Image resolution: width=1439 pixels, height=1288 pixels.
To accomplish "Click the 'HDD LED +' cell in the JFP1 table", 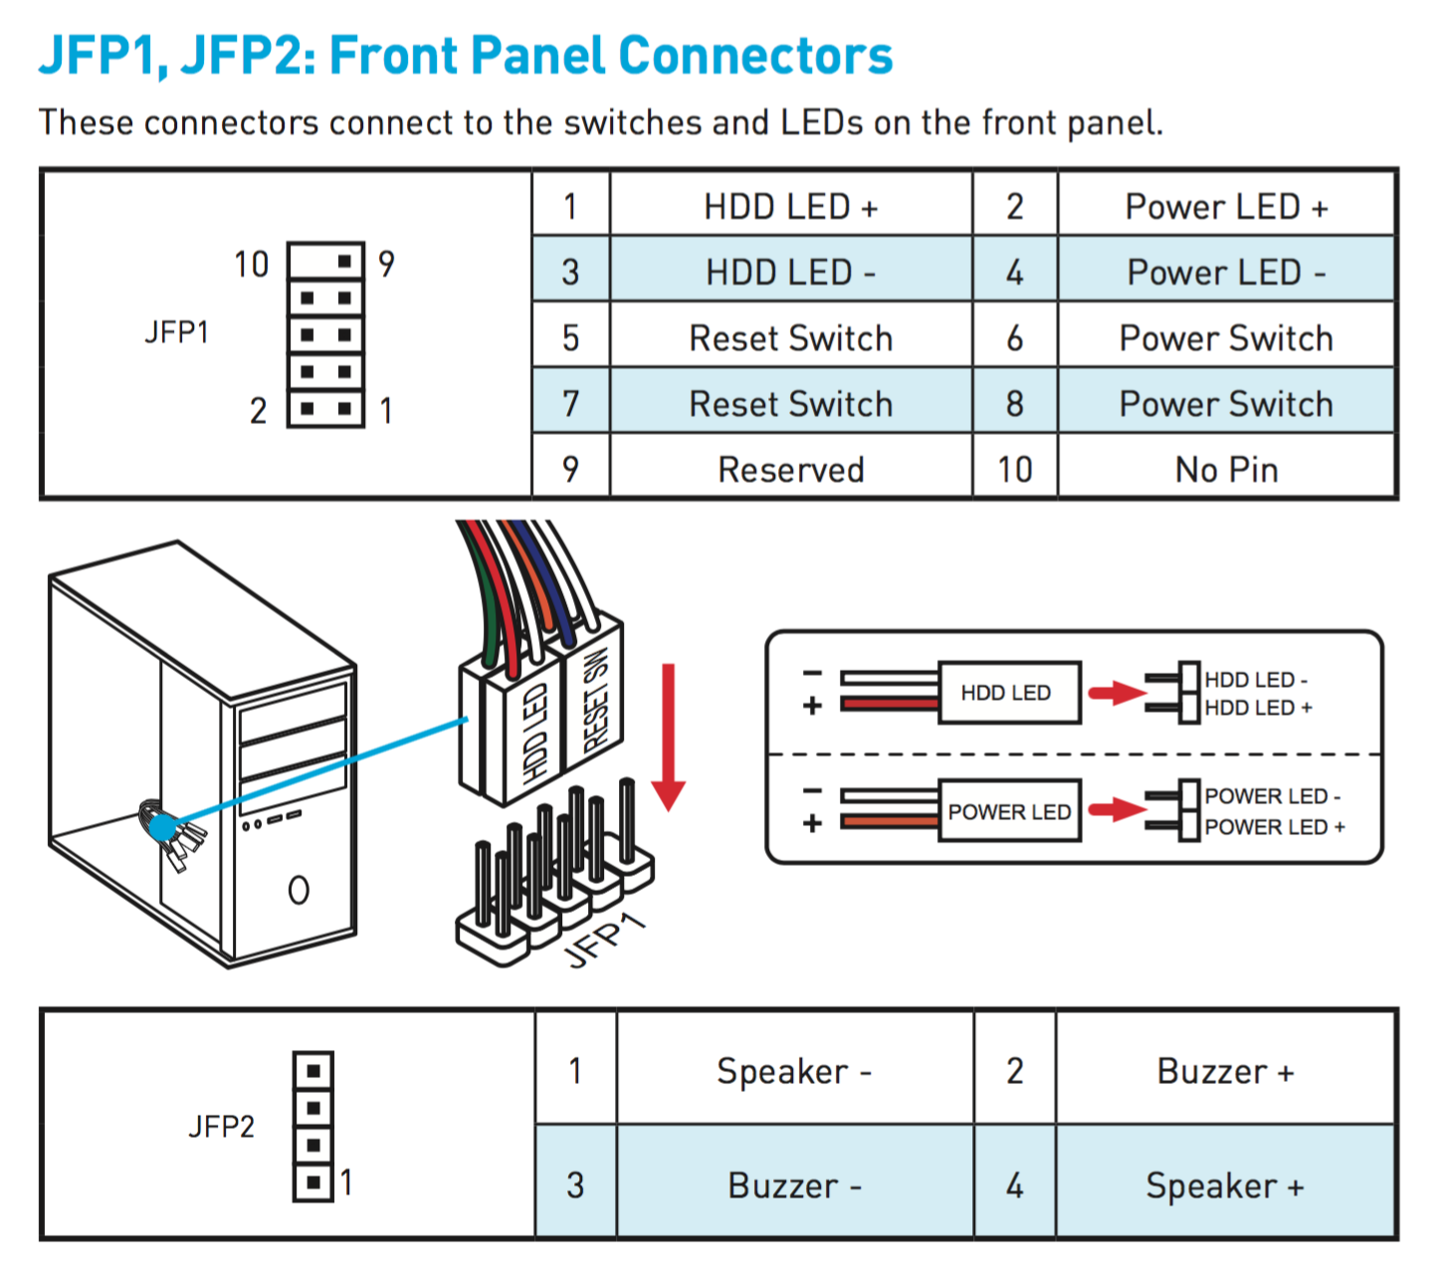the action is [790, 206].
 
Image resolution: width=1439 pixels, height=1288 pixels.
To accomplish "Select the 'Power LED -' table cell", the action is [1226, 272].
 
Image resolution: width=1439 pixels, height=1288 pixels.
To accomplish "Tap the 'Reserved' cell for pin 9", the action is [790, 469].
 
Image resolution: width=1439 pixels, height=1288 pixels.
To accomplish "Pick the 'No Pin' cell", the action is [1226, 469].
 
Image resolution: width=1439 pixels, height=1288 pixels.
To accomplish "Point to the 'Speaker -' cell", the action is [795, 1070].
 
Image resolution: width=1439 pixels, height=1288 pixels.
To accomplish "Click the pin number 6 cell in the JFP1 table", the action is [1015, 337].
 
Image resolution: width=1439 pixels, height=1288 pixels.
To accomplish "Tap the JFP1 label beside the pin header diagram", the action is [176, 331].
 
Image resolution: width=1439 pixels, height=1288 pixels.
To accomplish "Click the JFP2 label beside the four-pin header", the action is [221, 1126].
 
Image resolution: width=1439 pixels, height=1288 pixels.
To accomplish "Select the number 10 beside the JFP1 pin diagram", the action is [252, 265].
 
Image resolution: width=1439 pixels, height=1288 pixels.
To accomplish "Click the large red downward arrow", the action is [668, 737].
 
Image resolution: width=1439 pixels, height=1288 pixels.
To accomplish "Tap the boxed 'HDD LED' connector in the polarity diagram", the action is [1009, 693].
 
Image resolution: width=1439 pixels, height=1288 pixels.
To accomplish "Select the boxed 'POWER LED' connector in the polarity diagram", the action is [1009, 810].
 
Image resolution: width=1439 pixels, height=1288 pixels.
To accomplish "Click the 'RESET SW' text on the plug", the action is [596, 699].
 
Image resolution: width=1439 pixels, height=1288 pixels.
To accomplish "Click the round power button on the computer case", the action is [299, 890].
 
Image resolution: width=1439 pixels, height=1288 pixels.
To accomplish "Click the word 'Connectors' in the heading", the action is [755, 55].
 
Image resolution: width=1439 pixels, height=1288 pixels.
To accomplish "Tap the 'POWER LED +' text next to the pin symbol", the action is [1275, 827].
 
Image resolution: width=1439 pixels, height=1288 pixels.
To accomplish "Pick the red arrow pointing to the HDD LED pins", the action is [1118, 693].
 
